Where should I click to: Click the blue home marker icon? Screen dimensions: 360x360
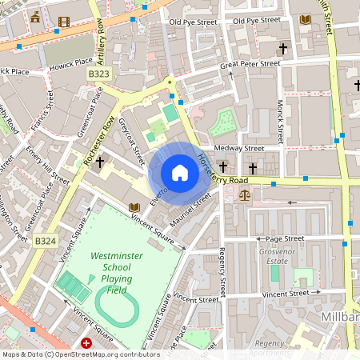pyautogui.click(x=180, y=173)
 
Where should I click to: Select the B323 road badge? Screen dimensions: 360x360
pyautogui.click(x=99, y=74)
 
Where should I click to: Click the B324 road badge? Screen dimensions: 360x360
pyautogui.click(x=46, y=240)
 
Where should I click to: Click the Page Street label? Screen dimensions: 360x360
pyautogui.click(x=285, y=238)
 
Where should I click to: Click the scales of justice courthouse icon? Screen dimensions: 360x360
pyautogui.click(x=244, y=194)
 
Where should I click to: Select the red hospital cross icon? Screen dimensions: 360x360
pyautogui.click(x=86, y=343)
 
